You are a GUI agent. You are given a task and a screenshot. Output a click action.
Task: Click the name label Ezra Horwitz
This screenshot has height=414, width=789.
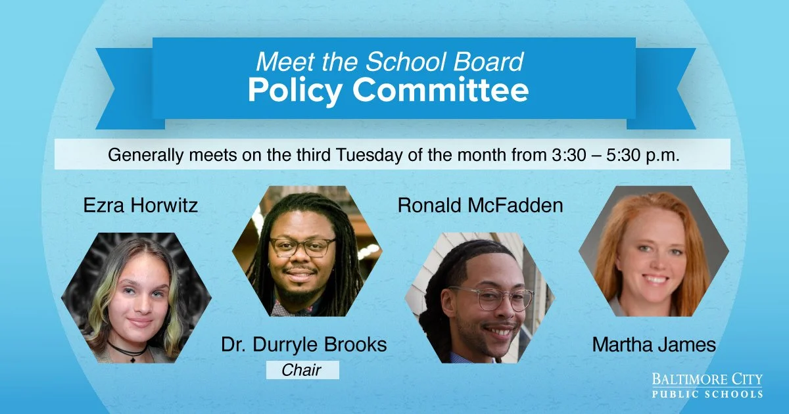[x=141, y=206]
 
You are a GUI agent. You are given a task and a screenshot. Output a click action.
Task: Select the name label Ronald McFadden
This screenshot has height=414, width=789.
[x=480, y=206]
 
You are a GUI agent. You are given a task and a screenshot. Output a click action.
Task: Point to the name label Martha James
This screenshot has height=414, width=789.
[x=654, y=344]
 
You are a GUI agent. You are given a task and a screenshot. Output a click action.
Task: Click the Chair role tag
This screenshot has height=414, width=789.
[x=302, y=370]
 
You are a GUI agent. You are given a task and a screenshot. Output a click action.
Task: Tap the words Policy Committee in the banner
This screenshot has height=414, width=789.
[x=388, y=91]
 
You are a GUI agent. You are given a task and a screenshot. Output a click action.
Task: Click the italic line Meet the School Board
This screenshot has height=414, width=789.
[x=389, y=62]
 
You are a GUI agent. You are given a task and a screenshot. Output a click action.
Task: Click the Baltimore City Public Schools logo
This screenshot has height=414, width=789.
[x=707, y=386]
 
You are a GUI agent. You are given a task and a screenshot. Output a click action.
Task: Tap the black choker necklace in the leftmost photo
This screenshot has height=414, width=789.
[x=127, y=350]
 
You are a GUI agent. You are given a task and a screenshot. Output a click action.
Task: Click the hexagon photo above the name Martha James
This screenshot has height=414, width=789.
[x=654, y=251]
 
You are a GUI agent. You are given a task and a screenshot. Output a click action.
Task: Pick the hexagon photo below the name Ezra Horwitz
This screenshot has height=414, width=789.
[x=136, y=297]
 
